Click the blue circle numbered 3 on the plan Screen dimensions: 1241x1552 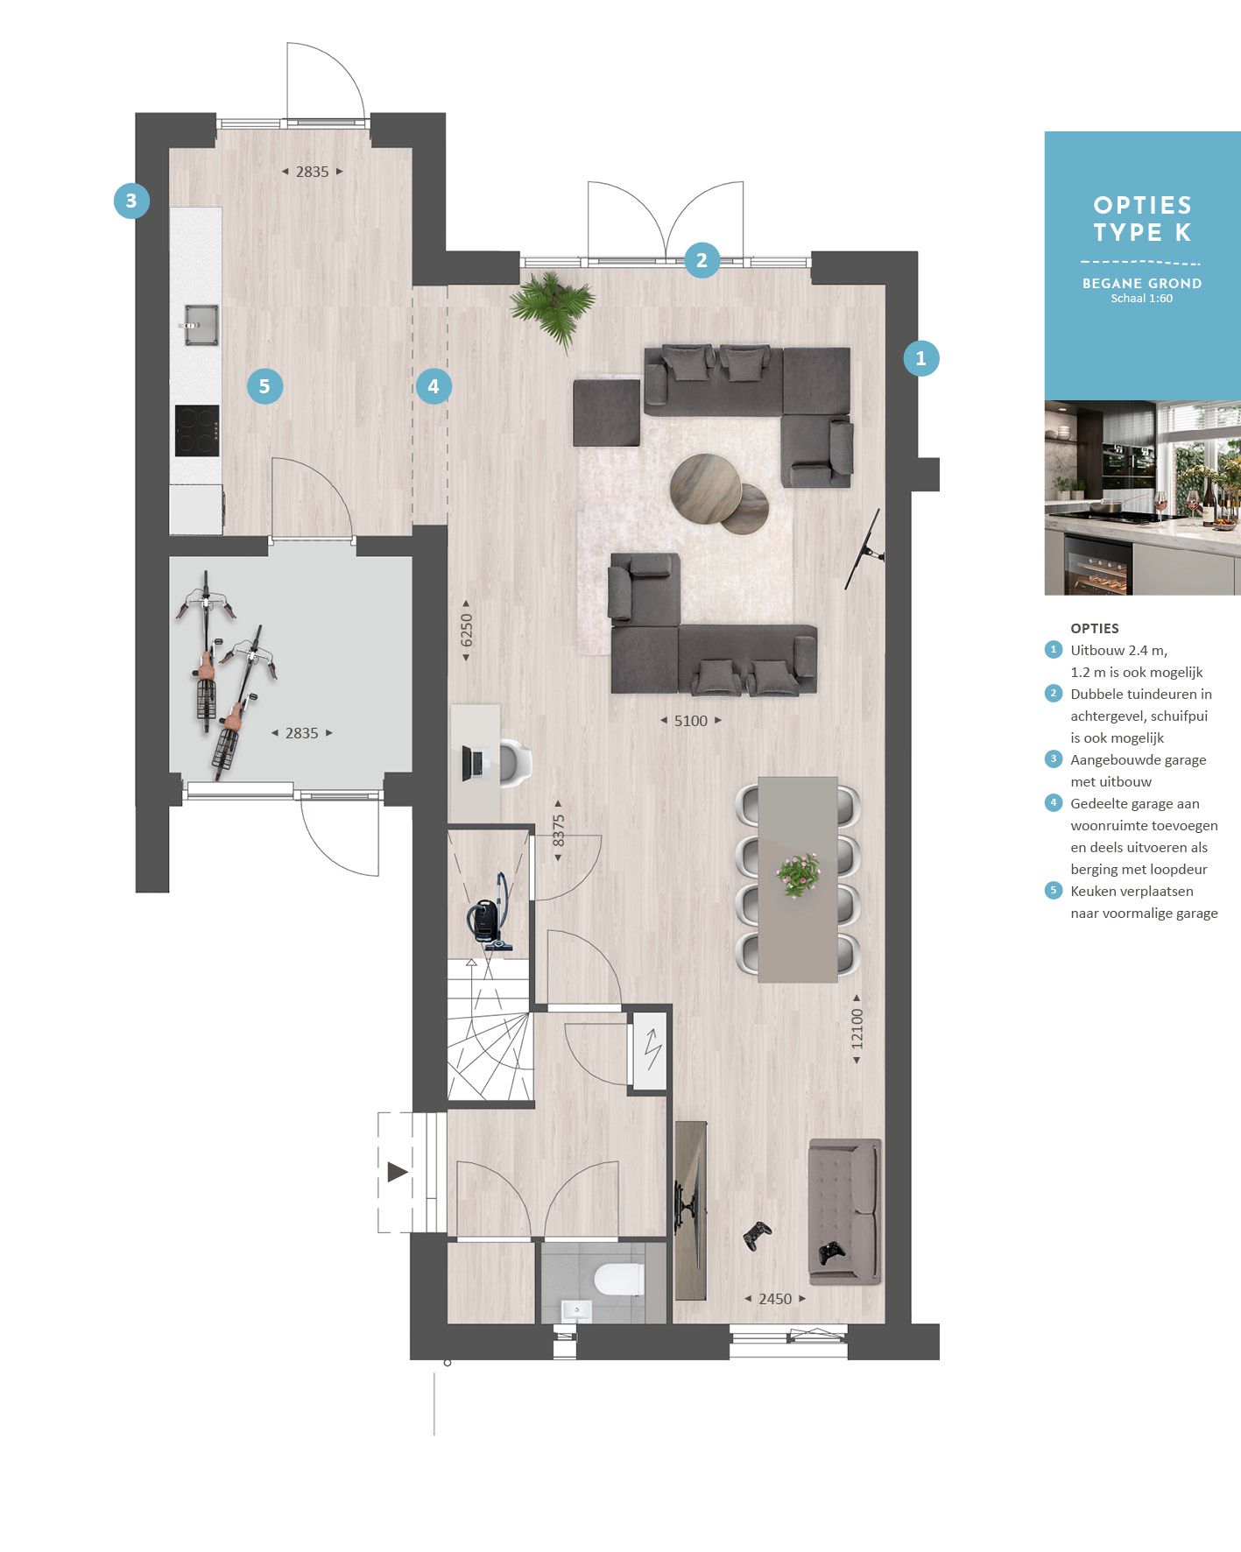pyautogui.click(x=131, y=201)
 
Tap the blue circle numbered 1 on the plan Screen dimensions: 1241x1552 pyautogui.click(x=920, y=358)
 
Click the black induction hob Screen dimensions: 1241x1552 pyautogui.click(x=197, y=430)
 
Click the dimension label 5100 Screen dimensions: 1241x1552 pyautogui.click(x=690, y=721)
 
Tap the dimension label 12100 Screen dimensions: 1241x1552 pyautogui.click(x=857, y=1029)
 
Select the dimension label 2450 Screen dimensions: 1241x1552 pyautogui.click(x=775, y=1299)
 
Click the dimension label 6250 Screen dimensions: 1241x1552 pyautogui.click(x=467, y=631)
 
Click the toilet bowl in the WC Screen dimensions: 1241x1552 pyautogui.click(x=618, y=1279)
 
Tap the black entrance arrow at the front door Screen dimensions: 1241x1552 pyautogui.click(x=398, y=1172)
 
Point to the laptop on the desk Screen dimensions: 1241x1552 pyautogui.click(x=473, y=763)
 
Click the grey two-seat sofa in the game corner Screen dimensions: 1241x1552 pyautogui.click(x=844, y=1211)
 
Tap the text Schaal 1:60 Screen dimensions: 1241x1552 pyautogui.click(x=1141, y=299)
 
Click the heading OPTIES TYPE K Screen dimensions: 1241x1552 pyautogui.click(x=1142, y=219)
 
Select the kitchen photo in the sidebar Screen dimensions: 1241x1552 pyautogui.click(x=1142, y=497)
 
